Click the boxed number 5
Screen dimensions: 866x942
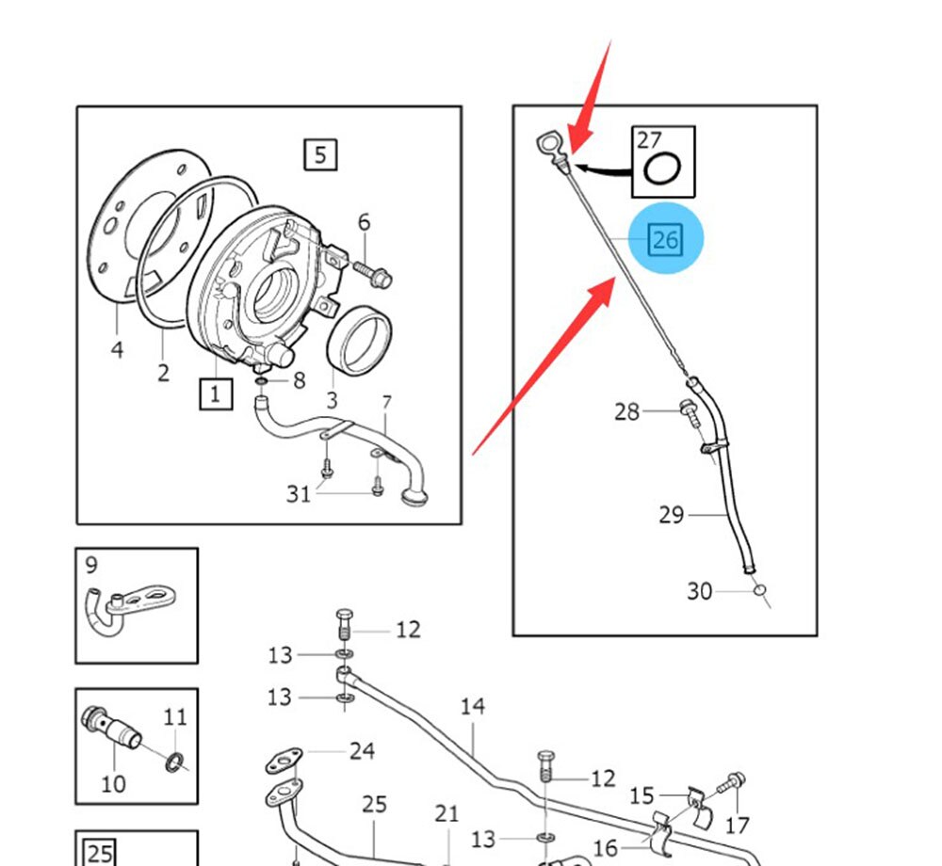[x=320, y=153]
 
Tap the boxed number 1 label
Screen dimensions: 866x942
[x=215, y=393]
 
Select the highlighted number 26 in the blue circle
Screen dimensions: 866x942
[x=665, y=240]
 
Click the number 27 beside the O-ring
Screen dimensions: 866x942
[x=649, y=140]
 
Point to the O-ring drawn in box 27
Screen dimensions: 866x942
[x=662, y=169]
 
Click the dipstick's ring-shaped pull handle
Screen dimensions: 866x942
[x=547, y=144]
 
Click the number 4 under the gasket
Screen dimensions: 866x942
[x=117, y=349]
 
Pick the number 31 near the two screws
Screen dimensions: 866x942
[x=299, y=492]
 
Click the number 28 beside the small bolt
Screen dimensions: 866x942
[x=626, y=411]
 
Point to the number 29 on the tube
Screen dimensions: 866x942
[x=671, y=515]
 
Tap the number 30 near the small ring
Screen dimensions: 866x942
[x=699, y=591]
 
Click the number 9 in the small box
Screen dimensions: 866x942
[x=90, y=565]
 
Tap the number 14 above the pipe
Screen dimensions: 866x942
[x=472, y=706]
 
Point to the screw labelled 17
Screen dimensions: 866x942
[x=736, y=783]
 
